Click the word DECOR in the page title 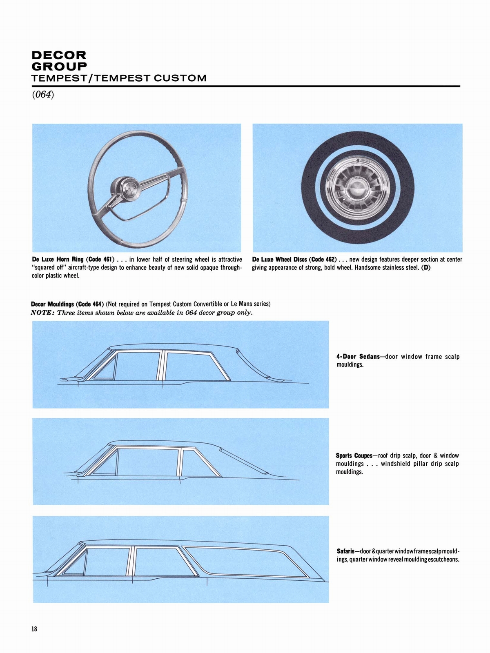pos(59,55)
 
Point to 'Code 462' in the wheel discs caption pos(322,259)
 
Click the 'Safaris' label pos(345,551)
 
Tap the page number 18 pos(34,629)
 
